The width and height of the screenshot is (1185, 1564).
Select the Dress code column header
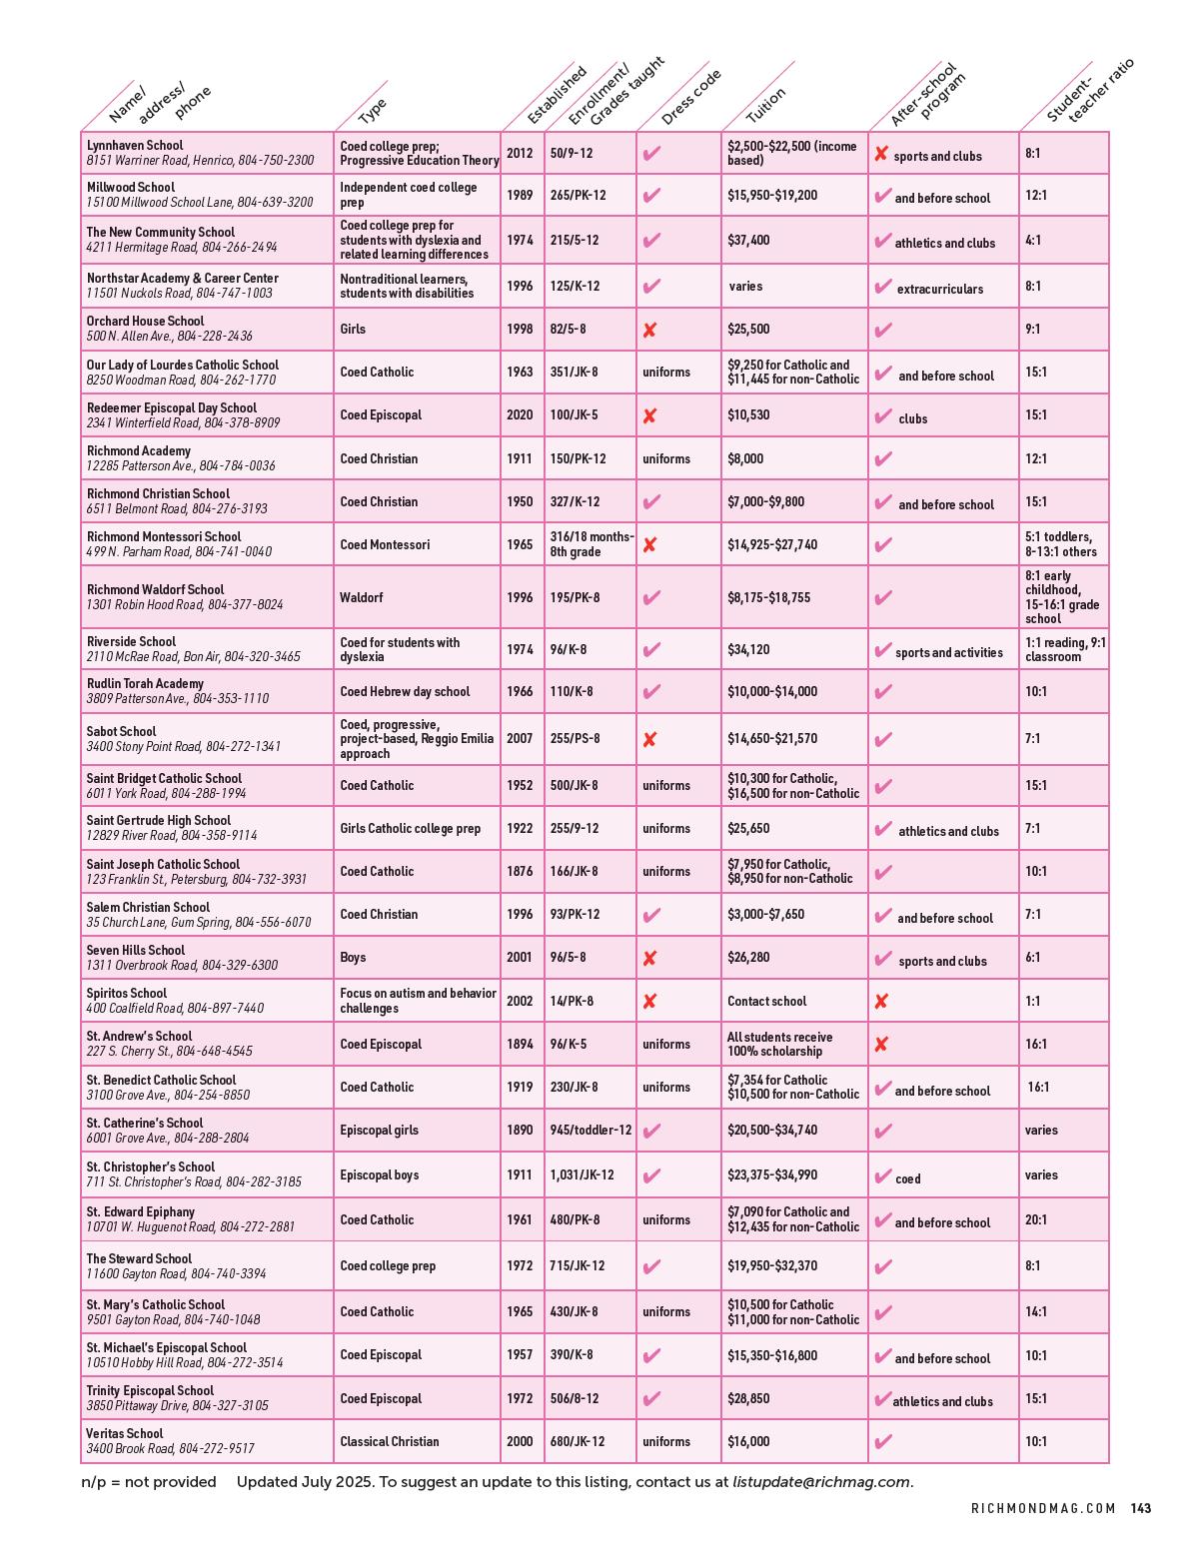pos(690,98)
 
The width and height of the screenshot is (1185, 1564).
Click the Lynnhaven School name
pos(135,146)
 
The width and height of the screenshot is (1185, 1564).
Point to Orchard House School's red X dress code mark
pos(649,330)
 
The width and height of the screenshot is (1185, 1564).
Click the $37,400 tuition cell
pos(748,241)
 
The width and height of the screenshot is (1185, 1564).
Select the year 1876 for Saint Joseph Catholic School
pos(520,871)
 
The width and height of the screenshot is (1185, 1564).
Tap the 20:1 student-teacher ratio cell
pos(1036,1219)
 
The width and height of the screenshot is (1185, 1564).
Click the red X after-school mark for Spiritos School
pos(880,1001)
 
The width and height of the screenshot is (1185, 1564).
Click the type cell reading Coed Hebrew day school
pos(405,691)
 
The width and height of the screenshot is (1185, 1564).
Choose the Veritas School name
pos(125,1434)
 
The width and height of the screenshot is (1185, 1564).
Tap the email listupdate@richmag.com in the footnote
pos(821,1482)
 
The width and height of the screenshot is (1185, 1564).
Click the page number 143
pos(1140,1509)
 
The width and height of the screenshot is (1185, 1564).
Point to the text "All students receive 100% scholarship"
pos(779,1044)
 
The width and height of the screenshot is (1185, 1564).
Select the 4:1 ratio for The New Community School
pos(1033,241)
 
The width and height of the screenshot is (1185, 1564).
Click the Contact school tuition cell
pos(766,1001)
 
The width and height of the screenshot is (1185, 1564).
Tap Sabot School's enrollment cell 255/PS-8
pos(575,739)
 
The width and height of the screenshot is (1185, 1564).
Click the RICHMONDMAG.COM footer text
pos(1043,1509)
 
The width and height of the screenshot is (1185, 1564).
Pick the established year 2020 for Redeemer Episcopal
pos(520,414)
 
